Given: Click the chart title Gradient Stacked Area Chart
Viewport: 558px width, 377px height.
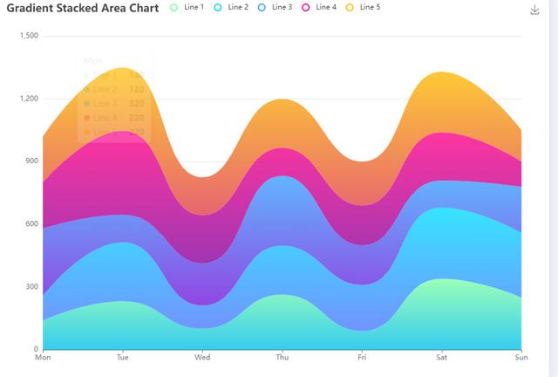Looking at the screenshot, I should point(83,9).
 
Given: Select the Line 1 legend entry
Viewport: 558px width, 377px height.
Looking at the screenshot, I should point(187,8).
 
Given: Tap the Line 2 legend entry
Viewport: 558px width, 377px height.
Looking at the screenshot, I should point(231,8).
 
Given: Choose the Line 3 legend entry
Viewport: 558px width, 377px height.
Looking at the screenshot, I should point(275,8).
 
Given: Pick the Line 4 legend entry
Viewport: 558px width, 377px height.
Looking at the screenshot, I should point(319,8).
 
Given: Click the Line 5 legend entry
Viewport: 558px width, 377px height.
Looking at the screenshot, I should point(363,8).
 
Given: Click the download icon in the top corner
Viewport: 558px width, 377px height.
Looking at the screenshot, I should point(534,10).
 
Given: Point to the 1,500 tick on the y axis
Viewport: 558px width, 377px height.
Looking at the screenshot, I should point(29,36).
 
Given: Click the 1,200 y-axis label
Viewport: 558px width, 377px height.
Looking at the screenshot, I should point(29,99).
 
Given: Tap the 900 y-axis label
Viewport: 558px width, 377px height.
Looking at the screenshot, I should point(32,161).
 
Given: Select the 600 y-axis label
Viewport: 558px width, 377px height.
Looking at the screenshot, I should point(32,224).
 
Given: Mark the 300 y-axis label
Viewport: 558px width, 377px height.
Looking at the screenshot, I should point(32,287).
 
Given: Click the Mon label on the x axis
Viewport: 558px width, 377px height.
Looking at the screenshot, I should point(42,358).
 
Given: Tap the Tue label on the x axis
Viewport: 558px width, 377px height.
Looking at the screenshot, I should point(122,358).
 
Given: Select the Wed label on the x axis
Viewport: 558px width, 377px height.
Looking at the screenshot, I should point(202,358).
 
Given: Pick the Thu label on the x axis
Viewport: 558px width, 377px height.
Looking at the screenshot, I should point(282,358).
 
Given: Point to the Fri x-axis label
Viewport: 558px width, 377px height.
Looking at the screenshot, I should point(362,358).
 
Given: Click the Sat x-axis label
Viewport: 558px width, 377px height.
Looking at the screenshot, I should point(441,358).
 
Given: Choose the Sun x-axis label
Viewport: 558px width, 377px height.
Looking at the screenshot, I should point(521,358).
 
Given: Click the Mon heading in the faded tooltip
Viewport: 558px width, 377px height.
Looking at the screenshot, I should point(92,61).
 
